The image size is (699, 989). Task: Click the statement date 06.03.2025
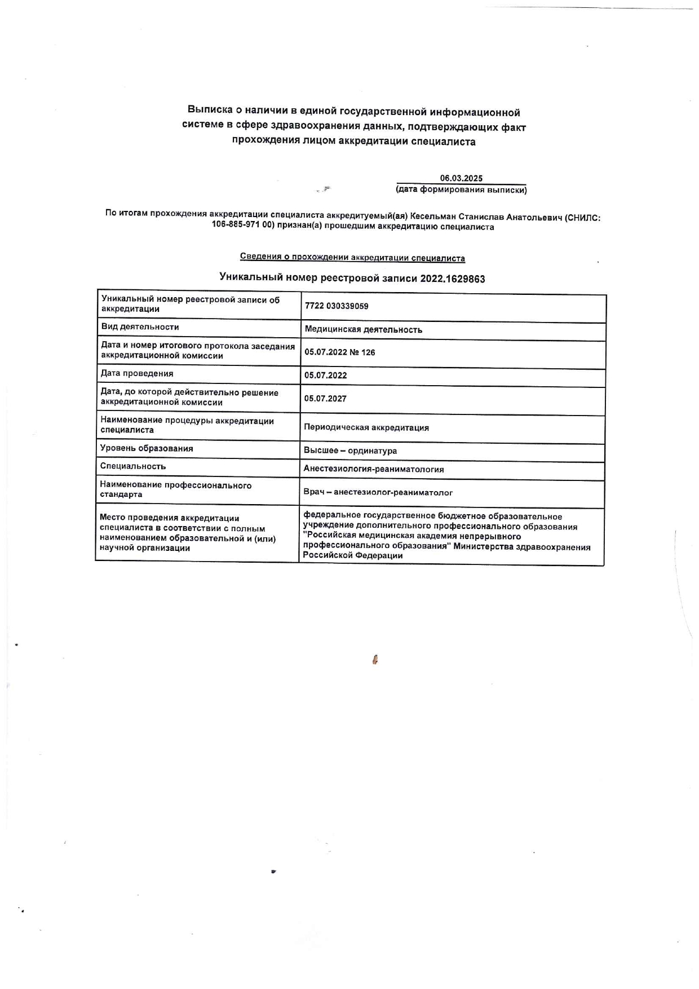(461, 178)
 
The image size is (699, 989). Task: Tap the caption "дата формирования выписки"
(461, 190)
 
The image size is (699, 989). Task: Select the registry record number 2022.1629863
(453, 279)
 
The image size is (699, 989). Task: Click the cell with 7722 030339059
(337, 306)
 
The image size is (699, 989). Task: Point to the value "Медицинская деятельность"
(363, 330)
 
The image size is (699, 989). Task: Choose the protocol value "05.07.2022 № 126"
(339, 352)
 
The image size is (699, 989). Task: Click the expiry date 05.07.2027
(325, 399)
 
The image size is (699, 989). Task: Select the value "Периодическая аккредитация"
(366, 427)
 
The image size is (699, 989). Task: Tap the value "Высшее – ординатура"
(350, 451)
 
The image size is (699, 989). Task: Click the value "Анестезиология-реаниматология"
(373, 469)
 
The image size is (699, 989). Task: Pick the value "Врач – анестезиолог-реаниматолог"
(378, 492)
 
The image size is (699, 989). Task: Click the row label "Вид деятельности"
(140, 327)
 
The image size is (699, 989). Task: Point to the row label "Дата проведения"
(137, 373)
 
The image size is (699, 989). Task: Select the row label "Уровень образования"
(147, 448)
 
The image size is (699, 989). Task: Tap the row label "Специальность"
(133, 466)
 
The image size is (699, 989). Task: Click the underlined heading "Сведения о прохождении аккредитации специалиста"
(352, 258)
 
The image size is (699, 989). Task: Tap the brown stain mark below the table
(375, 659)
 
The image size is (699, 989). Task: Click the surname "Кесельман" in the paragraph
(433, 217)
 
